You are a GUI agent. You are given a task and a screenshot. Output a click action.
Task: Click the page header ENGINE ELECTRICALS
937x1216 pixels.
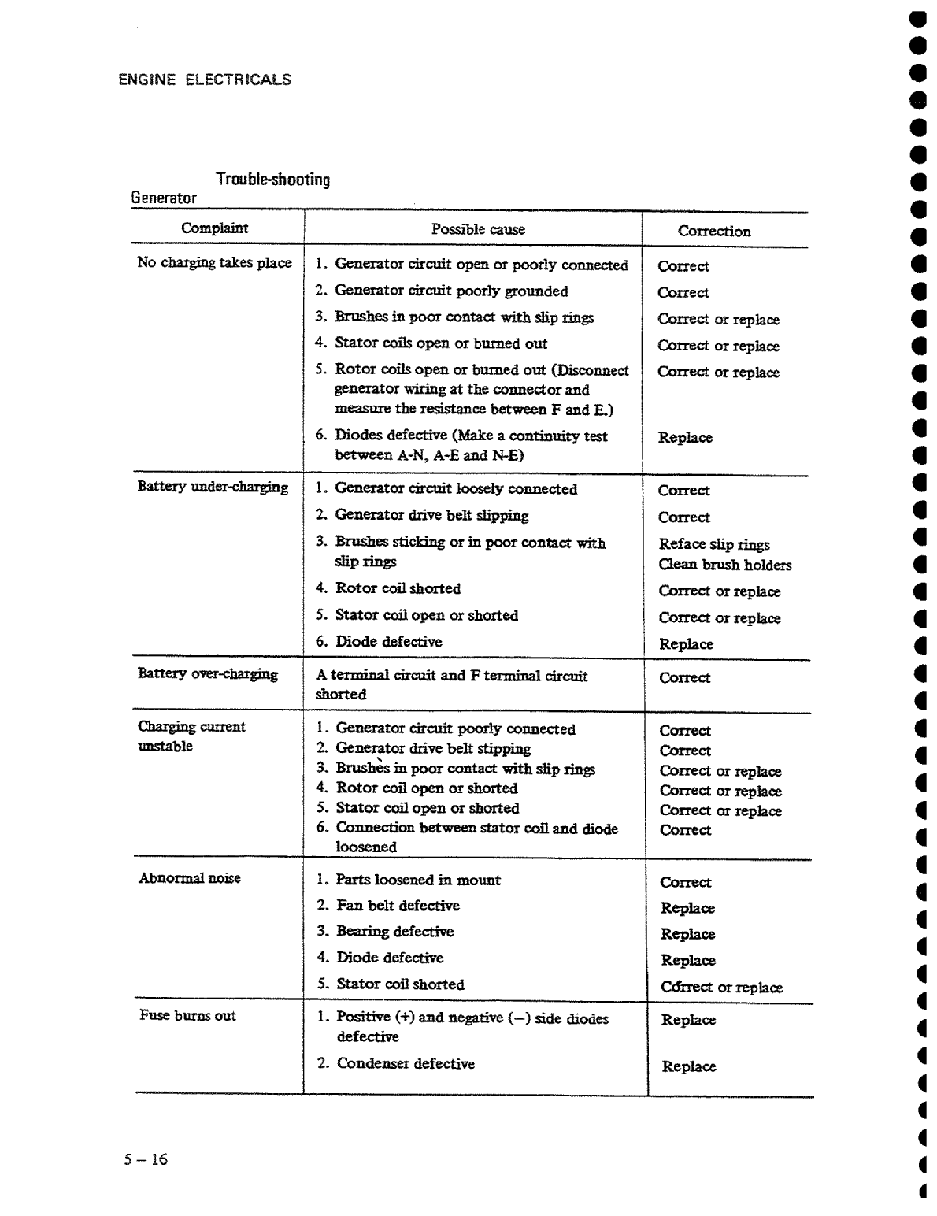[205, 80]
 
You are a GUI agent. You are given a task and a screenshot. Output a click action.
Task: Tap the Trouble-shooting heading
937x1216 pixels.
[272, 180]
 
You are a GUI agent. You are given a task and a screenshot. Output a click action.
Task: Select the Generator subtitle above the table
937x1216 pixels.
[164, 198]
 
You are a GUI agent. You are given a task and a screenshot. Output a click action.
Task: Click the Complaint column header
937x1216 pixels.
[214, 228]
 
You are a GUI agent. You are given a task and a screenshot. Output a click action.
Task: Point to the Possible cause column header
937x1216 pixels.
[478, 229]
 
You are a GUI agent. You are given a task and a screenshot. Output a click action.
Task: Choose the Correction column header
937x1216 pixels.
[714, 232]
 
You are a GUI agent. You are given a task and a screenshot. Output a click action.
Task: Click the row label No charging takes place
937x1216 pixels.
[214, 263]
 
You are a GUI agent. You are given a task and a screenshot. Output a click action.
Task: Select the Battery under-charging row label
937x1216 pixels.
[213, 487]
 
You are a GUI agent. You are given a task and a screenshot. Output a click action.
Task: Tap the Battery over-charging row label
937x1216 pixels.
[208, 673]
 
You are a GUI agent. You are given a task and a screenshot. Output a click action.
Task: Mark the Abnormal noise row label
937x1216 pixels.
[190, 878]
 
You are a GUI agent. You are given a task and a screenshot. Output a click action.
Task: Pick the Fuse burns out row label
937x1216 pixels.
[187, 1015]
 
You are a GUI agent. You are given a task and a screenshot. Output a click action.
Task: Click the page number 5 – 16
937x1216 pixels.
[146, 1159]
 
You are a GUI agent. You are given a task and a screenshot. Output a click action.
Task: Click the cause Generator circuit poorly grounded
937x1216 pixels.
[451, 291]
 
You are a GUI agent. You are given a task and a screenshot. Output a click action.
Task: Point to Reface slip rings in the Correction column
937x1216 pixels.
[714, 544]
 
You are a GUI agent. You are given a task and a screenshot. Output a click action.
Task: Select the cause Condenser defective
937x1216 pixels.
[406, 1064]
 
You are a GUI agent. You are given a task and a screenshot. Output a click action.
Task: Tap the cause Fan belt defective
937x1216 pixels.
[398, 906]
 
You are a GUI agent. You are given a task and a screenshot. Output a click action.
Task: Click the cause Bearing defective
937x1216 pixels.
[394, 932]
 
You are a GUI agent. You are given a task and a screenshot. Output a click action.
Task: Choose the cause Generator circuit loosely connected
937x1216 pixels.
[456, 489]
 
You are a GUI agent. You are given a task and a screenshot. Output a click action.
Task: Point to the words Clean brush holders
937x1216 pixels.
[725, 565]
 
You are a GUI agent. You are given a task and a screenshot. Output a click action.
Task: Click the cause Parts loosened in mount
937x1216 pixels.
[418, 880]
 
